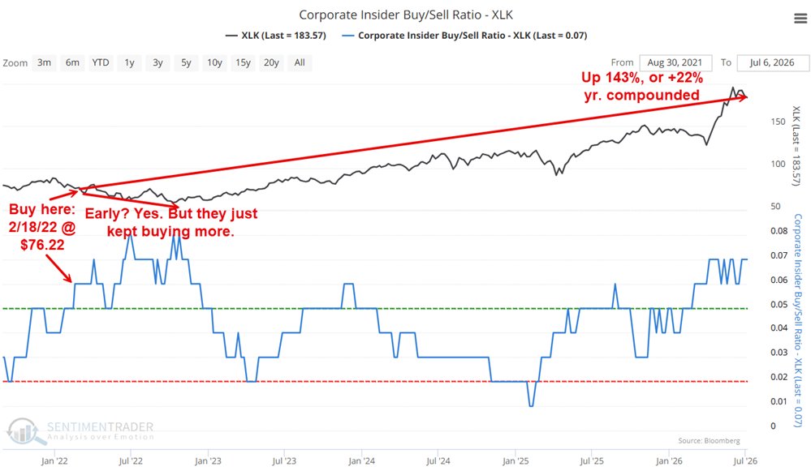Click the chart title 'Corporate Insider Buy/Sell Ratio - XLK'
tap(406, 15)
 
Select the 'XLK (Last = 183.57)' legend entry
tap(276, 36)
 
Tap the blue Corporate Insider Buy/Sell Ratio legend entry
tap(465, 36)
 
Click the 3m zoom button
tap(44, 63)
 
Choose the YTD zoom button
tap(101, 63)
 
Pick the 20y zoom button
tap(271, 63)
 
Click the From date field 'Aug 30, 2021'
tap(675, 62)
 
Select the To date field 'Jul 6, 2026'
tap(772, 62)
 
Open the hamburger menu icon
tap(800, 19)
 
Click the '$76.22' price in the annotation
tap(42, 245)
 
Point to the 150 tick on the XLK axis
tap(778, 122)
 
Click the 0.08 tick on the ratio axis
tap(779, 231)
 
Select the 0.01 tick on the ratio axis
tap(779, 401)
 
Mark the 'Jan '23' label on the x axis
tap(208, 461)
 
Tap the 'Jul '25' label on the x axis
tap(592, 461)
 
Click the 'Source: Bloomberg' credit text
tap(709, 441)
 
